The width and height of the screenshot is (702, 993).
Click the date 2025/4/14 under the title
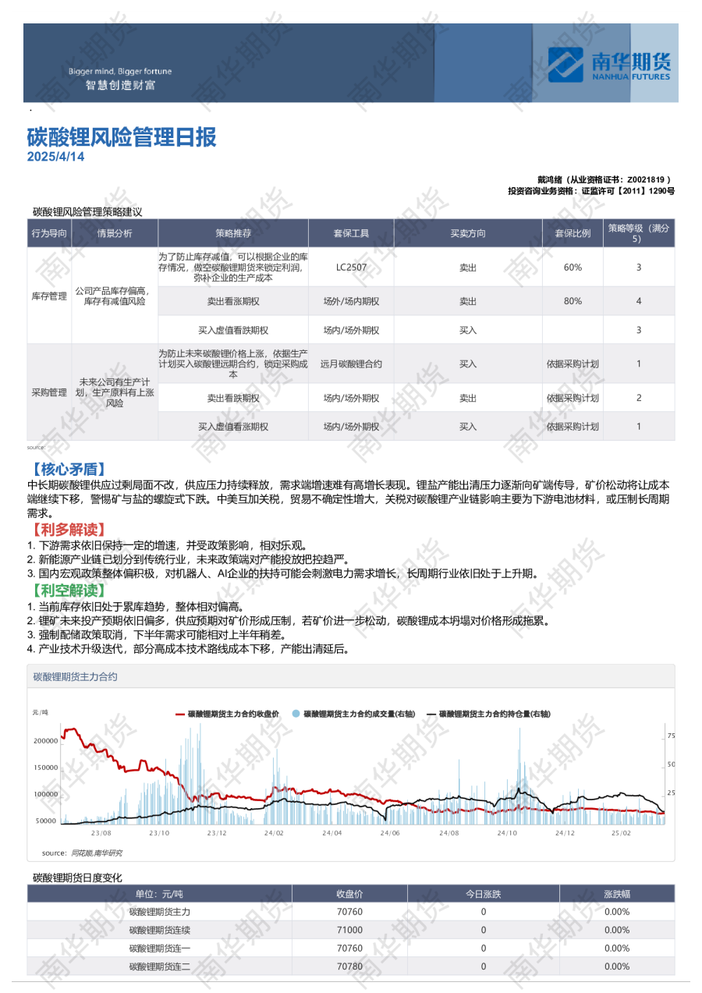(x=55, y=157)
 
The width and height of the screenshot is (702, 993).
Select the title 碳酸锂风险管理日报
(x=122, y=137)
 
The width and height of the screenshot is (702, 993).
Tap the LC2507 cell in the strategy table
(x=351, y=268)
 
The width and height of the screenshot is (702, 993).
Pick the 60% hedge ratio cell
(x=573, y=268)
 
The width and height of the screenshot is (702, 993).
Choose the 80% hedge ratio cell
(x=573, y=300)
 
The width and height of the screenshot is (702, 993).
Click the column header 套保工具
(x=351, y=233)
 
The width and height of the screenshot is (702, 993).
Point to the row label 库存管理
(x=49, y=296)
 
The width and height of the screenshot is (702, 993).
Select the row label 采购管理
(x=49, y=392)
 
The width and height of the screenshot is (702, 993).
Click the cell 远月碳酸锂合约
(x=351, y=364)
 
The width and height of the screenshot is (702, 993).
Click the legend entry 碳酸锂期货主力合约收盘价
(x=233, y=714)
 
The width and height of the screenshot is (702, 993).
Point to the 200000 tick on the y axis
(x=45, y=740)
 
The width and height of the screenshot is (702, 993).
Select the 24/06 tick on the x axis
(x=390, y=833)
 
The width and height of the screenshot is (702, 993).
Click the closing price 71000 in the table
(x=349, y=930)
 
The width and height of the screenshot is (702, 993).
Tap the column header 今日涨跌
(x=483, y=893)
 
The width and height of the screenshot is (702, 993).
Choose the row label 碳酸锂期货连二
(x=159, y=966)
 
